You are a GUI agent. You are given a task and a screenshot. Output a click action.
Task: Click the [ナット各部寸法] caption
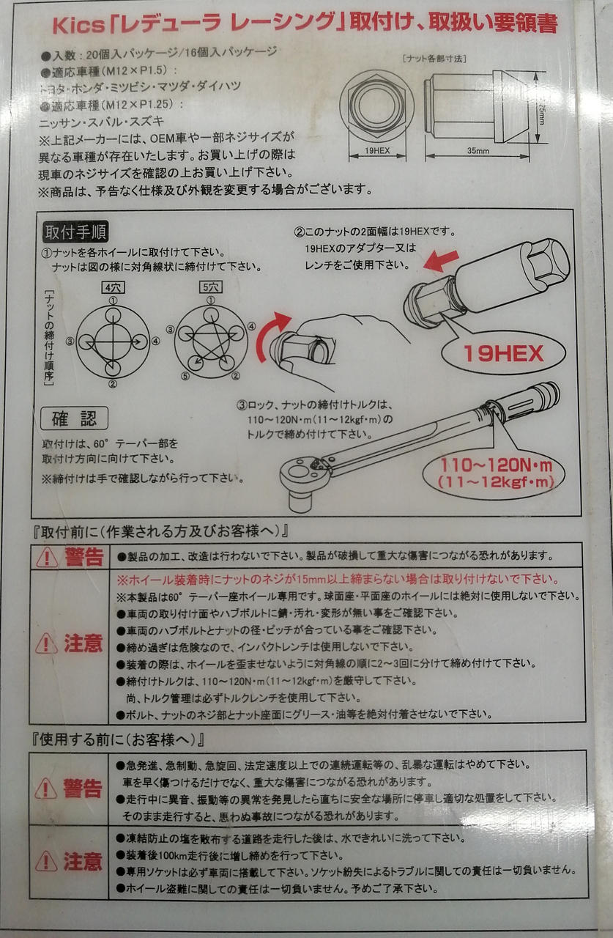click(434, 58)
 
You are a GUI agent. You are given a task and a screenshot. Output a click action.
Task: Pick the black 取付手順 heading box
click(75, 232)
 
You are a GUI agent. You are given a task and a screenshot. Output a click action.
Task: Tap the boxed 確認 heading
click(75, 418)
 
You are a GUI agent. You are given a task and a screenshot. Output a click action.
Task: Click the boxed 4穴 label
click(113, 288)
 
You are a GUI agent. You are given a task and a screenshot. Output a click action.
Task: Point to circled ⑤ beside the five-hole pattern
click(185, 377)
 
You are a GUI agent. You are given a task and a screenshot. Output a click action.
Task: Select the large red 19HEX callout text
click(503, 354)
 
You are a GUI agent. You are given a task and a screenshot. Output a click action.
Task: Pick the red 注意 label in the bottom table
click(83, 862)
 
